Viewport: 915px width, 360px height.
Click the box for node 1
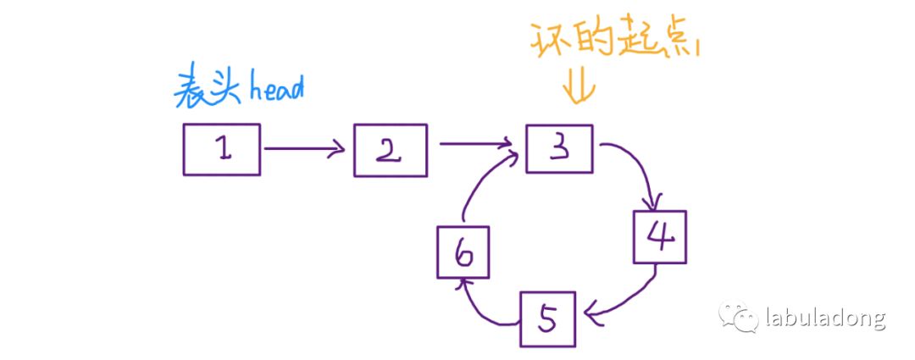[221, 149]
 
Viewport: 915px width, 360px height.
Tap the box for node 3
[559, 148]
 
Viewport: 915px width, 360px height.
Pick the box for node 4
[660, 236]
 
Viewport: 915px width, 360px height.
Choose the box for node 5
[547, 319]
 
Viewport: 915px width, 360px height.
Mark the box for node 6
[463, 253]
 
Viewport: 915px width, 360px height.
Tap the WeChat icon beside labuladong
[738, 318]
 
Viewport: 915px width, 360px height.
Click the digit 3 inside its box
[559, 148]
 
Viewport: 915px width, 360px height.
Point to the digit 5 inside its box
[547, 319]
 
